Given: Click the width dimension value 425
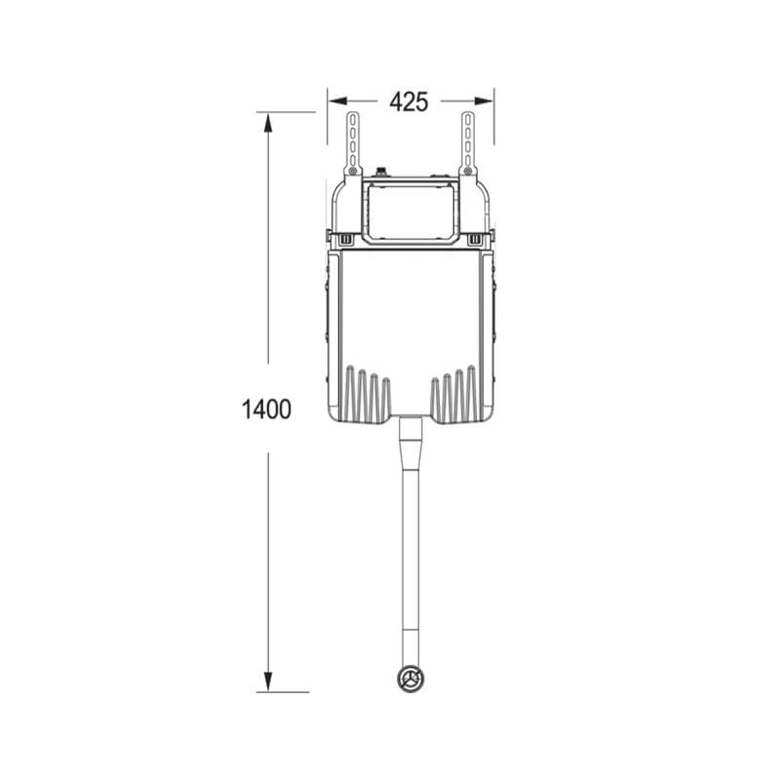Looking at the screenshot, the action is tap(409, 102).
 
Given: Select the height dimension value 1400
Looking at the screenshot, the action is tap(266, 409).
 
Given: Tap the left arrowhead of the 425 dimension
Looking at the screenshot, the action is tap(337, 101).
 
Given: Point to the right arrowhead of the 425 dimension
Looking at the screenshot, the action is tap(484, 101).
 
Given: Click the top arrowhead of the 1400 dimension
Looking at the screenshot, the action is tap(268, 123).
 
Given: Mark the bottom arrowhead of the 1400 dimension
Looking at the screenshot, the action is tap(268, 682).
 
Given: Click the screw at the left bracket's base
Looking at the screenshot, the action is tap(353, 172).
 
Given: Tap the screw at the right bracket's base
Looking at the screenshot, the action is tap(468, 172).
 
